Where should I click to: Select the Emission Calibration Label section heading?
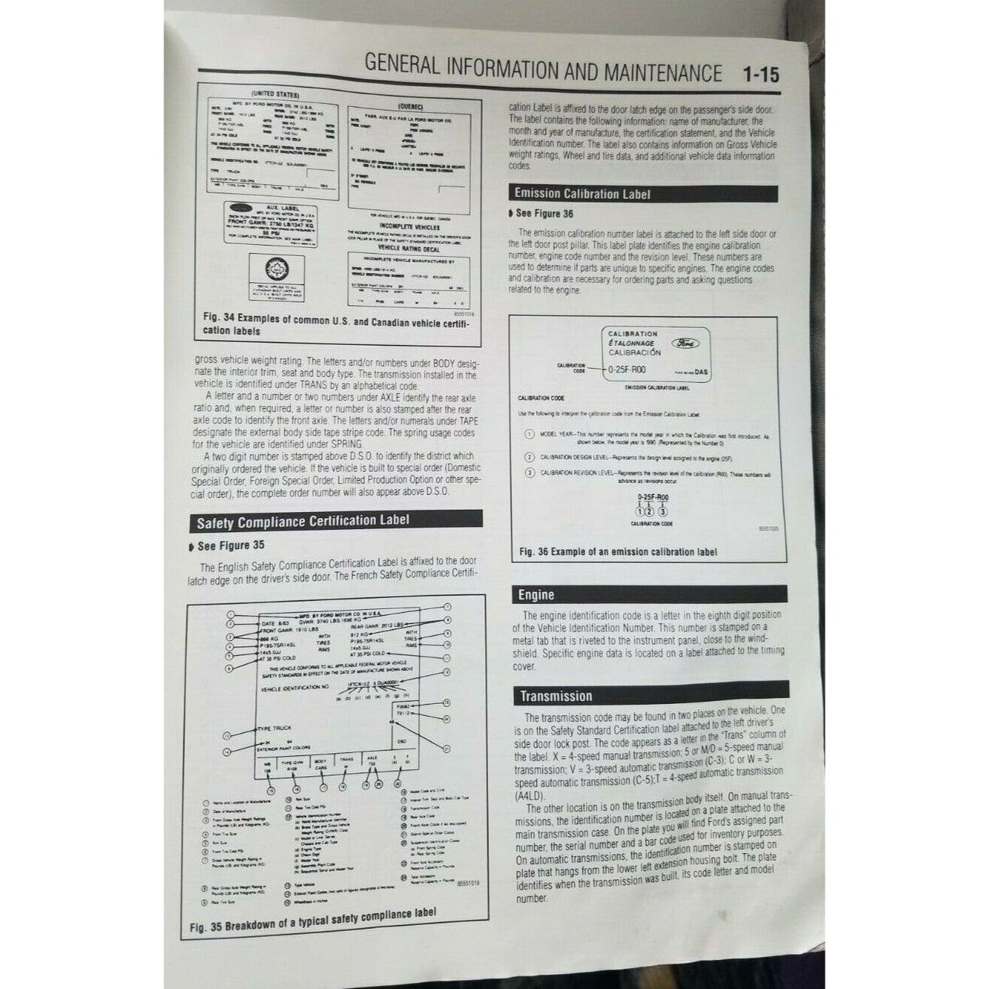[582, 194]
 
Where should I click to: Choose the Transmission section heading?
[556, 696]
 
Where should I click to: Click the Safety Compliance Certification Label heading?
[303, 520]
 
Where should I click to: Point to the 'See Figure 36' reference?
[544, 213]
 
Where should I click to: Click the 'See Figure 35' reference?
[231, 546]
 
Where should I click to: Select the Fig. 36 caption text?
[617, 552]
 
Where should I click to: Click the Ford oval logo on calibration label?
[687, 343]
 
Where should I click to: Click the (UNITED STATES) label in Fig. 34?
[275, 95]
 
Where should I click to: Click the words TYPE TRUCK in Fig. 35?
[275, 728]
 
